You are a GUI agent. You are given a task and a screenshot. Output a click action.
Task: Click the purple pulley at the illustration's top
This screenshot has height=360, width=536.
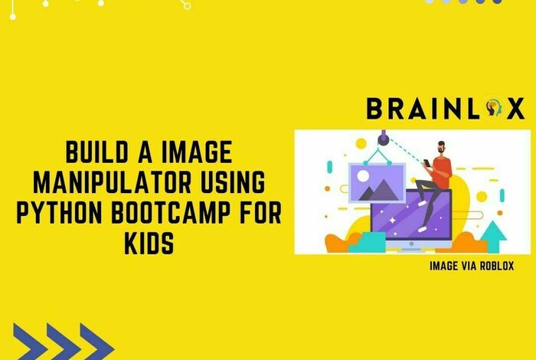pos(382,139)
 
